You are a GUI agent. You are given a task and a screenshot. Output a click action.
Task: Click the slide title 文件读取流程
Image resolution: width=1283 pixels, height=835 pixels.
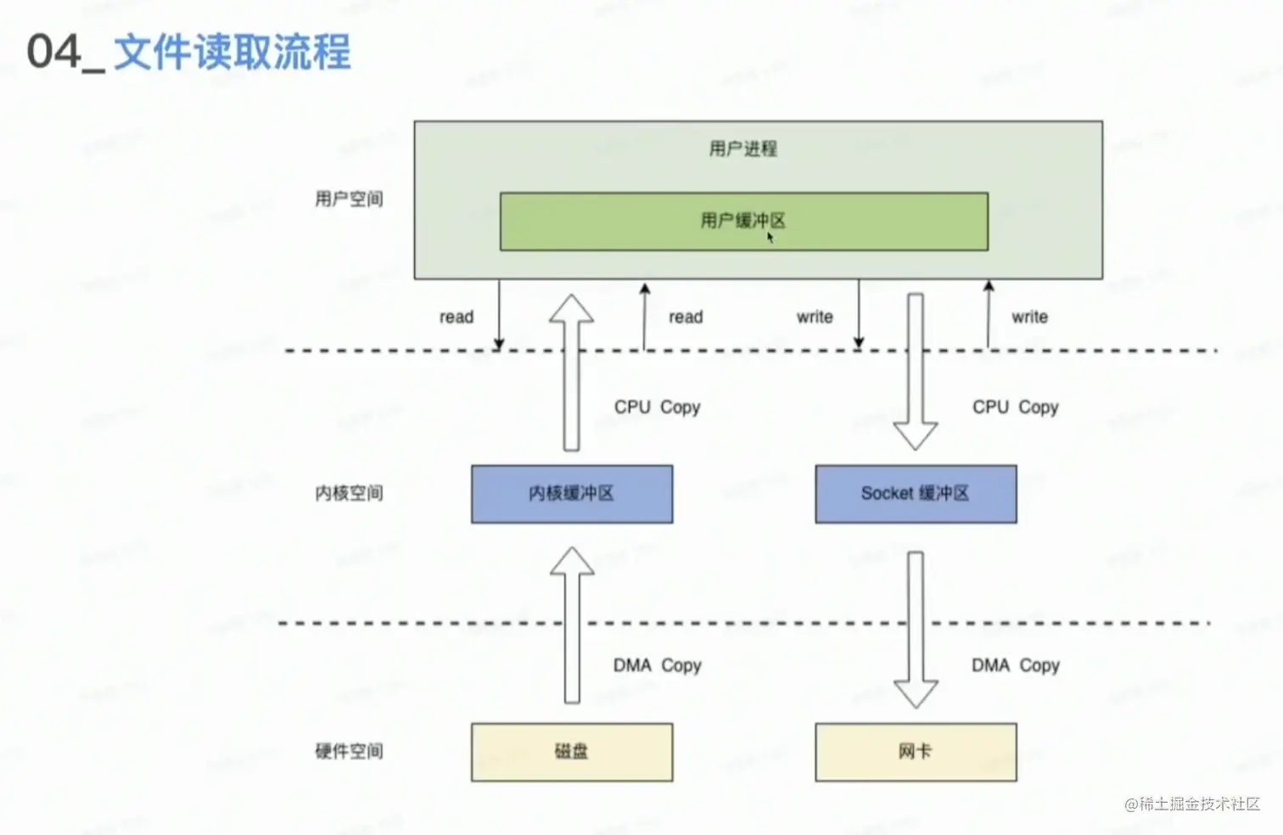click(x=231, y=53)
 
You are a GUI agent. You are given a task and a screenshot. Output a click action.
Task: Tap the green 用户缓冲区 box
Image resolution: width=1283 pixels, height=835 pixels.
click(x=743, y=221)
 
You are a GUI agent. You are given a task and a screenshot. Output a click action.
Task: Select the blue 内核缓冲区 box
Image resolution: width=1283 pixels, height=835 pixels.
click(x=572, y=494)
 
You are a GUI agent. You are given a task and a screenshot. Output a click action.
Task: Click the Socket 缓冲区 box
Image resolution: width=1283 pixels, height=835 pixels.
click(x=916, y=494)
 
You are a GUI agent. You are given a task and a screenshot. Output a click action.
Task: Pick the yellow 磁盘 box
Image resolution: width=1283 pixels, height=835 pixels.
click(x=572, y=752)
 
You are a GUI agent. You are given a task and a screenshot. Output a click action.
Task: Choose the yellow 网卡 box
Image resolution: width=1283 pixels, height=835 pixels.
click(x=916, y=752)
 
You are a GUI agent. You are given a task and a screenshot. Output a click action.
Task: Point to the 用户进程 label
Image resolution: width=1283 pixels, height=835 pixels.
click(x=743, y=149)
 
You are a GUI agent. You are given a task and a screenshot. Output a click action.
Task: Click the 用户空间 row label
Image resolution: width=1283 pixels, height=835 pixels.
click(x=349, y=199)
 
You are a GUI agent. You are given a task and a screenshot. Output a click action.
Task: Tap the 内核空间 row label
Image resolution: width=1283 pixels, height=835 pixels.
click(x=349, y=493)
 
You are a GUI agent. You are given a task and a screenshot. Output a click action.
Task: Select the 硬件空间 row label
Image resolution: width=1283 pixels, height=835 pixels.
click(x=349, y=751)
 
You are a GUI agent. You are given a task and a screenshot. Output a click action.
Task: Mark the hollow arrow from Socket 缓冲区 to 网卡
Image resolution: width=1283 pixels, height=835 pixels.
click(x=916, y=628)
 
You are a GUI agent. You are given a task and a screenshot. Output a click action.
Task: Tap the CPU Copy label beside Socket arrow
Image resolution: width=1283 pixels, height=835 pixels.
click(x=1015, y=407)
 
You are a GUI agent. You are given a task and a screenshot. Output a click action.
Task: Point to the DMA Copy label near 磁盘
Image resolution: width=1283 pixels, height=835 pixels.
click(x=657, y=665)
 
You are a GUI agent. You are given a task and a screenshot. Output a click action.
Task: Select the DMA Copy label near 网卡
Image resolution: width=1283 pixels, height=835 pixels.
click(x=1015, y=665)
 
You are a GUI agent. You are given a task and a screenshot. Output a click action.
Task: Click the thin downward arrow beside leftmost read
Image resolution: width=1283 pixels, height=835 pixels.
click(x=499, y=314)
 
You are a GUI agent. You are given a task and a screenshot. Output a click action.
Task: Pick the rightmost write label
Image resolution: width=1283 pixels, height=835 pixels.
click(x=1029, y=317)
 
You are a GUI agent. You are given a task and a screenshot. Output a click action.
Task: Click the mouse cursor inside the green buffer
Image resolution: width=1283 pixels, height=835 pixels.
click(x=770, y=238)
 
